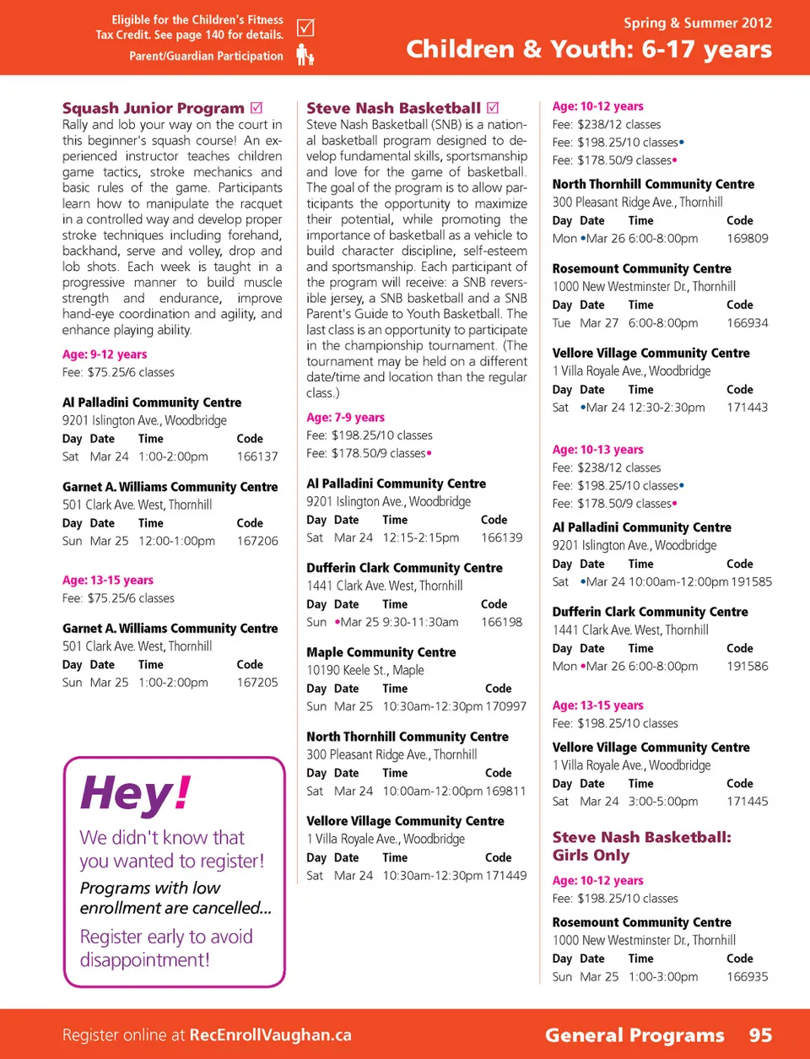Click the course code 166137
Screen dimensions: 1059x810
(x=257, y=457)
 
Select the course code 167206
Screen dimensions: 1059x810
(x=257, y=541)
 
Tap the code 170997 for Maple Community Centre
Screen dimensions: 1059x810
(x=506, y=706)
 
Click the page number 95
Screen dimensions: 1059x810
(x=760, y=1035)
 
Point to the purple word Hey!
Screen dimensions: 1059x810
(x=136, y=794)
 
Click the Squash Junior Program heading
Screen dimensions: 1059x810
(x=153, y=108)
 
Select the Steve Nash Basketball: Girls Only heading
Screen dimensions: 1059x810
(x=641, y=846)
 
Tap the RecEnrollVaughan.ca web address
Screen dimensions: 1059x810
(x=270, y=1035)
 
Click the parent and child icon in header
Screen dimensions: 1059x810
(x=305, y=56)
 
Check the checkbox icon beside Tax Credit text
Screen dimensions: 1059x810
(x=305, y=28)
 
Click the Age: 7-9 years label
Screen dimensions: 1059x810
(x=345, y=417)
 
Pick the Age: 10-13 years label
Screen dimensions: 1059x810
(x=597, y=450)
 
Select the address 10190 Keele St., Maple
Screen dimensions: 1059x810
(x=364, y=670)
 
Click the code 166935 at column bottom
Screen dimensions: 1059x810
(x=748, y=976)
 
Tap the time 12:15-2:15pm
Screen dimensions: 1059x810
(x=421, y=538)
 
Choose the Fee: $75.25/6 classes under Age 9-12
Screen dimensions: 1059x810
(x=118, y=372)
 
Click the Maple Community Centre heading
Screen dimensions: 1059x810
(x=381, y=652)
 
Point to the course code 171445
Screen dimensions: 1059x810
(x=748, y=802)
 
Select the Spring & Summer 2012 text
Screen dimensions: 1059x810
(x=698, y=23)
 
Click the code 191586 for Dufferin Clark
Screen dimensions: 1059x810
(x=748, y=667)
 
